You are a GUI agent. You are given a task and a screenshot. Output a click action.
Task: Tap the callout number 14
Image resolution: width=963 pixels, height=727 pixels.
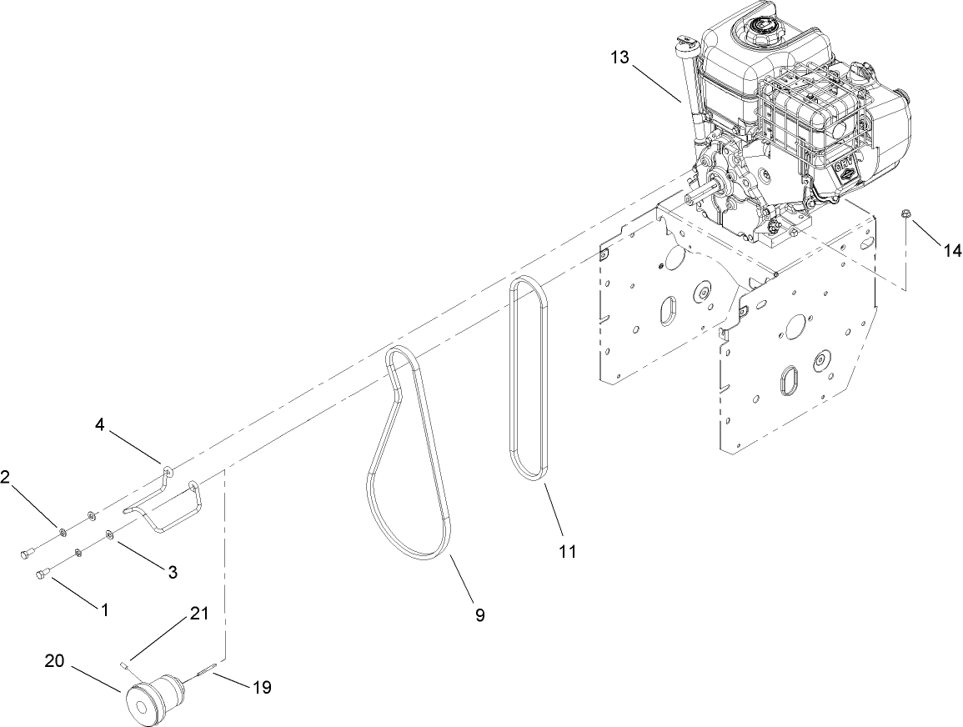(x=951, y=249)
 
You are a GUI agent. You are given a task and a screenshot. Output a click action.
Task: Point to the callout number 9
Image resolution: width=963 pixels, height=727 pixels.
(x=479, y=615)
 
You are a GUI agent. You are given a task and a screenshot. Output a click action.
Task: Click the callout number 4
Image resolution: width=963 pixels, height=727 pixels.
(x=99, y=425)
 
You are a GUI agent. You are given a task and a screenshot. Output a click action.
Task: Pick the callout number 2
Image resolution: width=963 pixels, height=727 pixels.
(x=6, y=477)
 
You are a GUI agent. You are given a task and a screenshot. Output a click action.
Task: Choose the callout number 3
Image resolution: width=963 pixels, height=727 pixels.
(x=172, y=572)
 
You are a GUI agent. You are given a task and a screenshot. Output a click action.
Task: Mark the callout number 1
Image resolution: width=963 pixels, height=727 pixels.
(x=105, y=609)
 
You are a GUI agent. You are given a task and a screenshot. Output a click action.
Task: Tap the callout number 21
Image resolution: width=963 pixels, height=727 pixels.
(x=198, y=614)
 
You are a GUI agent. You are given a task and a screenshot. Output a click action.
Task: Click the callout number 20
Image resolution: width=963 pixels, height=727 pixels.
(x=54, y=661)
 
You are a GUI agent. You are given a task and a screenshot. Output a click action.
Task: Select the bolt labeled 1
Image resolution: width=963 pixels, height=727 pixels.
(x=43, y=574)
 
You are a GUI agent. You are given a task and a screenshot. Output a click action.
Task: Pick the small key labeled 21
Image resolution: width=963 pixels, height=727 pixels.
(x=124, y=664)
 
